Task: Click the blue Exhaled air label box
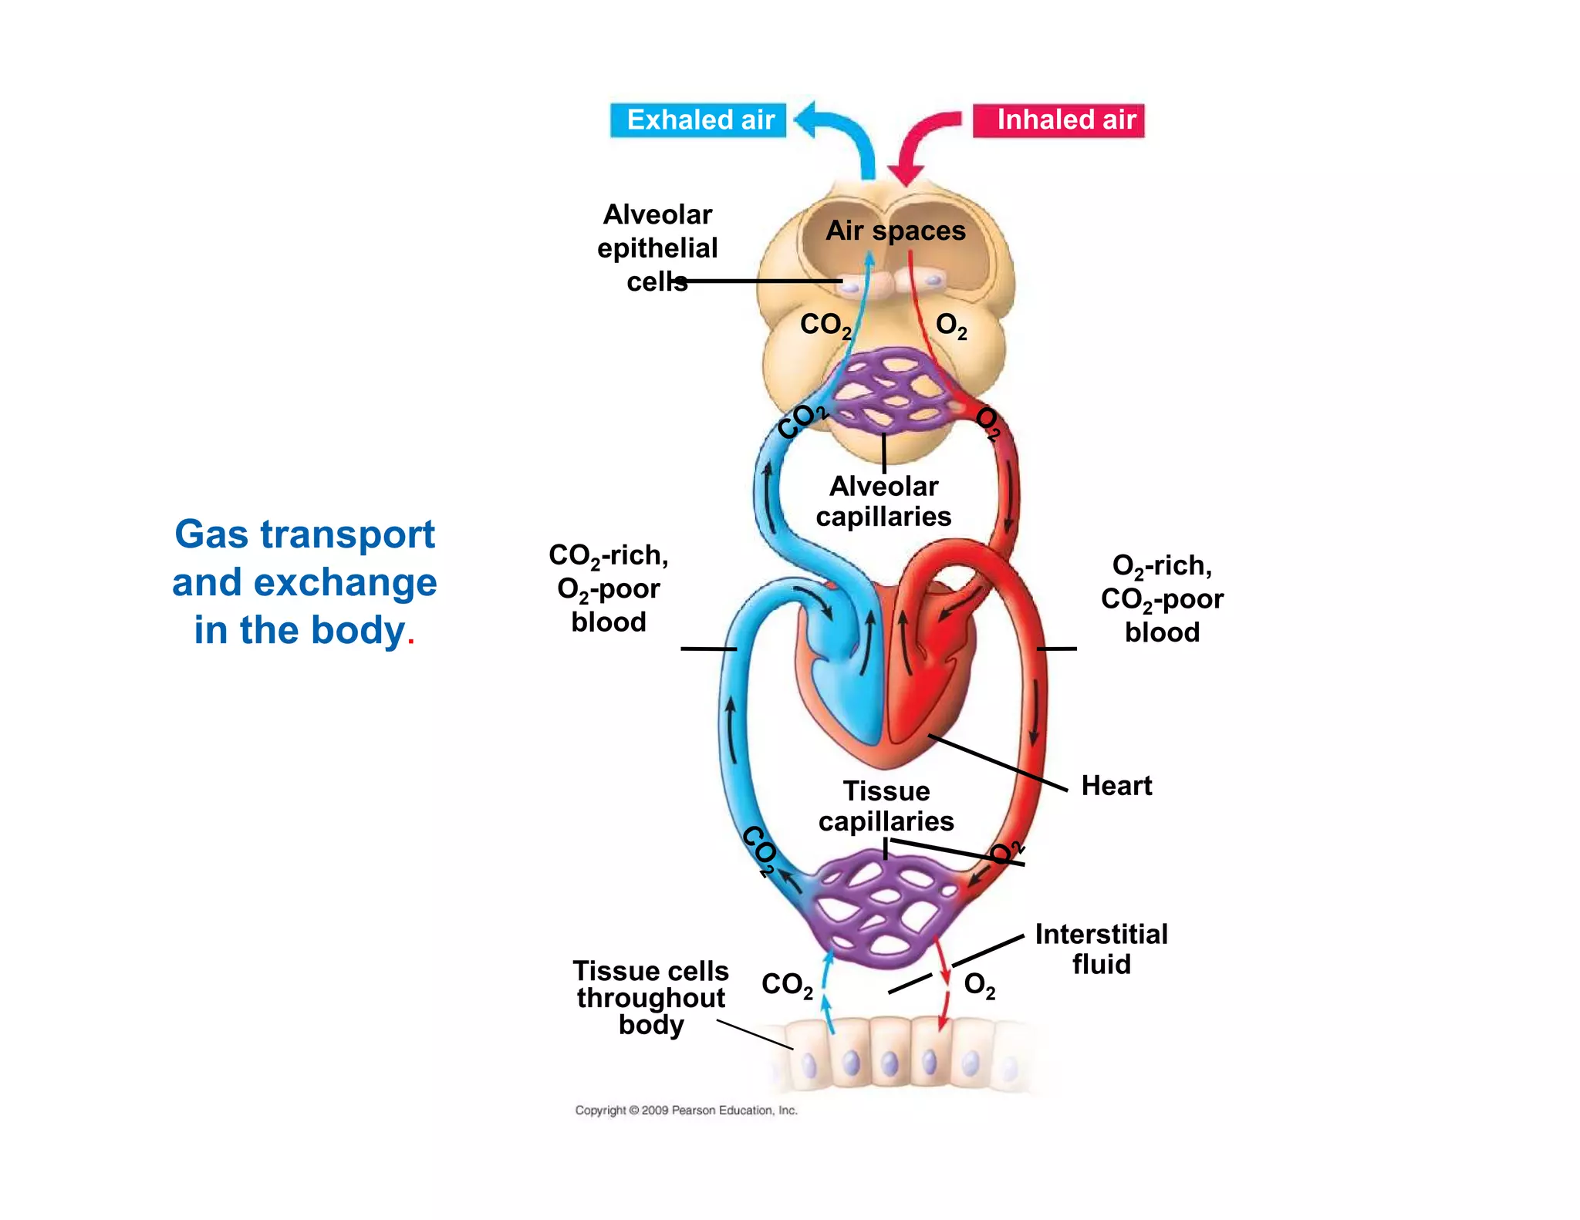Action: (x=698, y=120)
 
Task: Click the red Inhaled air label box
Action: (x=1058, y=120)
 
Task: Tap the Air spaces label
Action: (x=895, y=231)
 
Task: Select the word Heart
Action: (x=1116, y=786)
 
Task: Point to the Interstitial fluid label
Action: (x=1101, y=949)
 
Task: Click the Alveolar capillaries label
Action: (x=883, y=501)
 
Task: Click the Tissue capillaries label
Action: (x=886, y=806)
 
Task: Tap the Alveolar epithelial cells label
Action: (x=657, y=248)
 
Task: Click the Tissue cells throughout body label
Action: (x=650, y=997)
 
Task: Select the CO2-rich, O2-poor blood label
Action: (x=608, y=588)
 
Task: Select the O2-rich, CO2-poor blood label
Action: (x=1161, y=598)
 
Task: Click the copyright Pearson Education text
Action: (x=686, y=1110)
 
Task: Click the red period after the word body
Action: (x=411, y=642)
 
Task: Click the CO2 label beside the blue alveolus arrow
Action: (x=825, y=325)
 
